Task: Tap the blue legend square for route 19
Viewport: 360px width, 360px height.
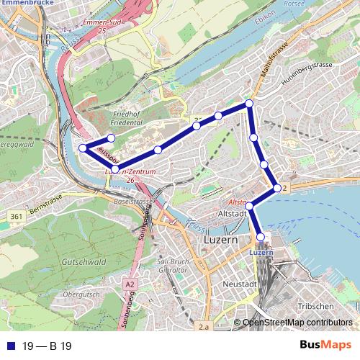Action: (9, 346)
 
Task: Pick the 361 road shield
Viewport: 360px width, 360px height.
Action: (15, 216)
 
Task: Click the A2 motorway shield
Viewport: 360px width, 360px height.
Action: (129, 284)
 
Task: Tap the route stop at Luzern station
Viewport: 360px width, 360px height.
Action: (261, 236)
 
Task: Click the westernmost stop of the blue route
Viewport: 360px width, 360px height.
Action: (83, 148)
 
